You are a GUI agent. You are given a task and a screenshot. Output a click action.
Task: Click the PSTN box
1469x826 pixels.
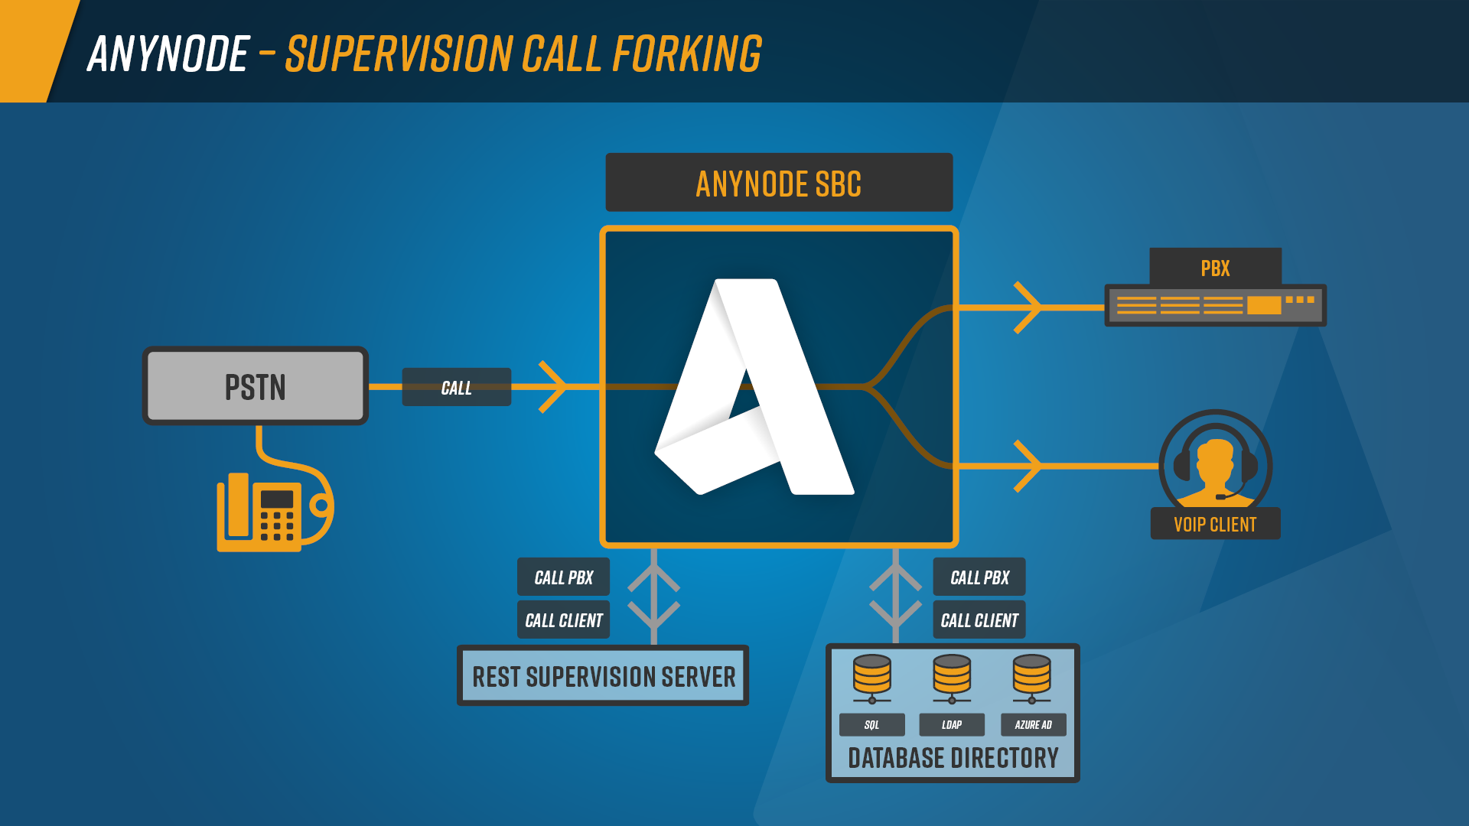(255, 385)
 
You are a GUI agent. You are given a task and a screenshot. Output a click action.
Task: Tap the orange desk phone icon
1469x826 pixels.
(274, 508)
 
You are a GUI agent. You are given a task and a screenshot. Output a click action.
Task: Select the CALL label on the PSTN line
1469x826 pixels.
(456, 387)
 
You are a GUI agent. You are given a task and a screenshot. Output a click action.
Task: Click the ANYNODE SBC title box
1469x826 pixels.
(779, 183)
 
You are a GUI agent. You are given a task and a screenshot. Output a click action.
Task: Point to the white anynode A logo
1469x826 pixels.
(754, 387)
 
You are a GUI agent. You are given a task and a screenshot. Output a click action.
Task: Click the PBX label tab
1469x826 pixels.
(1215, 267)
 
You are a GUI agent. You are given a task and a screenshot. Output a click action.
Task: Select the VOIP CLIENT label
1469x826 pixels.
(1215, 524)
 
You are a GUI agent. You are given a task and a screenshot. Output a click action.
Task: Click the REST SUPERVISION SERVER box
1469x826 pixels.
(603, 676)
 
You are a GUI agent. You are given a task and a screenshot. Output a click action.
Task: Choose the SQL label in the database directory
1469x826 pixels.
(871, 724)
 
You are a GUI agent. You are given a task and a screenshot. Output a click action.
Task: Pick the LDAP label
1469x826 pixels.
(952, 724)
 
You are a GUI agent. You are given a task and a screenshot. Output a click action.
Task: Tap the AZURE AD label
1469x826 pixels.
(1033, 724)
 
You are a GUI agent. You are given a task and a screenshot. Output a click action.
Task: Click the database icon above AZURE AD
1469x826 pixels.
(1031, 678)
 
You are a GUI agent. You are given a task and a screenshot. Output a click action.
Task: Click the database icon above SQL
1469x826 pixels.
(872, 678)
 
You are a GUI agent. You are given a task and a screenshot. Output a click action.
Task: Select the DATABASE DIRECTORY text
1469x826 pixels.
(953, 758)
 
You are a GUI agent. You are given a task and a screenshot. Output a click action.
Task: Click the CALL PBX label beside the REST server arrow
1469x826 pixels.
(563, 577)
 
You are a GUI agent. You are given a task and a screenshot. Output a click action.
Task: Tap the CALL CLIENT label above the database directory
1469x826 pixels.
(979, 620)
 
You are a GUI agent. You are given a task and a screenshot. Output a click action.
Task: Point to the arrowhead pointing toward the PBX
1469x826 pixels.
(1028, 307)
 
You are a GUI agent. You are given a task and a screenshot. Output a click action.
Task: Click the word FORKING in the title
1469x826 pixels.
(687, 54)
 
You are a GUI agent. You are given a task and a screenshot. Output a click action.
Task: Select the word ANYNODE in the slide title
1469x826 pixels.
(169, 54)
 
